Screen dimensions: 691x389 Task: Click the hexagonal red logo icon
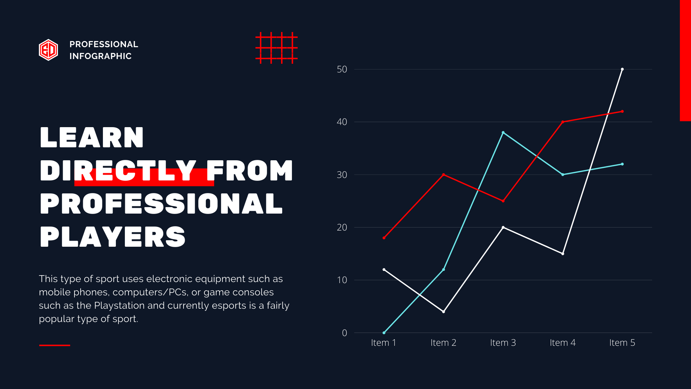48,50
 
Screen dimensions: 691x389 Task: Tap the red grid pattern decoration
276,48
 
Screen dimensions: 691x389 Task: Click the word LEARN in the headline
92,138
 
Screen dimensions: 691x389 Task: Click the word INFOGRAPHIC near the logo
100,56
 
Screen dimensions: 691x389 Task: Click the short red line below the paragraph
55,345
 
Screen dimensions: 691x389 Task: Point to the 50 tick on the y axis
342,69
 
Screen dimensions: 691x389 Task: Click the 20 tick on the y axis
342,227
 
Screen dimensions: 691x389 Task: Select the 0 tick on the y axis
344,333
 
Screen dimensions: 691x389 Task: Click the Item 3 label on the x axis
503,343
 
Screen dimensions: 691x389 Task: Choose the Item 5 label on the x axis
622,343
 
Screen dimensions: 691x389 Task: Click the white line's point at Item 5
622,69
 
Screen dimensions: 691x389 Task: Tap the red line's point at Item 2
443,175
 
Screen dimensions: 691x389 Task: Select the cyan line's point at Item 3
503,133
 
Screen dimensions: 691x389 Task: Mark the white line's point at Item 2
443,312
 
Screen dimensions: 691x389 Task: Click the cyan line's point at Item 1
384,333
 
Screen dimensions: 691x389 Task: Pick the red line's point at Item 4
563,122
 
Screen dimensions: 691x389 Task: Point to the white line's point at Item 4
563,254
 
